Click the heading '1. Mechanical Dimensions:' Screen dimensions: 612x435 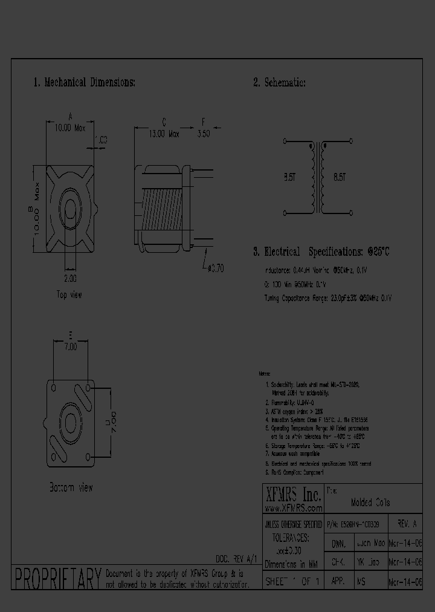84,82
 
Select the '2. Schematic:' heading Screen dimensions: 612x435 279,82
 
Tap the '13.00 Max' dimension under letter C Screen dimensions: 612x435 164,135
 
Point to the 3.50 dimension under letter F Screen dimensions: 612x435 203,135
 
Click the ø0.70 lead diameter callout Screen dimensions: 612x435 214,269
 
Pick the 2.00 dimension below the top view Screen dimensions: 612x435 69,279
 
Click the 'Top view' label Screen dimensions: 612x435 69,295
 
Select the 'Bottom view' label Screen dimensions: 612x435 71,487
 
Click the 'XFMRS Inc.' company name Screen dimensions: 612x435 293,495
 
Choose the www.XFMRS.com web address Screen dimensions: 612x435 293,509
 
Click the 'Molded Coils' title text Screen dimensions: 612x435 370,503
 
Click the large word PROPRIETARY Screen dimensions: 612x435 57,579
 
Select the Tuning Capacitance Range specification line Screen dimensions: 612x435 328,298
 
